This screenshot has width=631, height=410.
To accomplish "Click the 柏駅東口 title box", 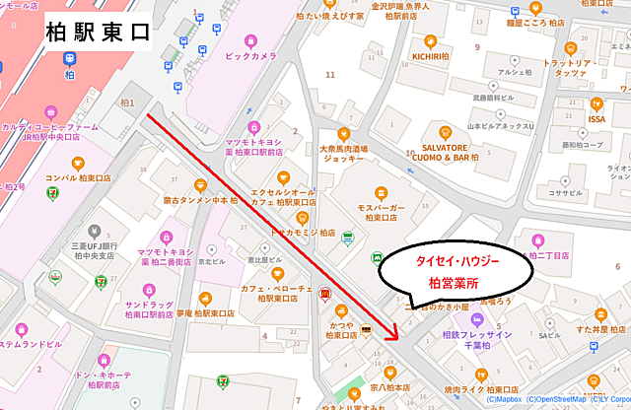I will tap(98, 32).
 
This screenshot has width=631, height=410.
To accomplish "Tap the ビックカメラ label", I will tap(250, 56).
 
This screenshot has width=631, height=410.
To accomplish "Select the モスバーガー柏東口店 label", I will tap(379, 213).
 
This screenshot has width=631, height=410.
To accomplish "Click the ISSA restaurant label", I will tap(596, 118).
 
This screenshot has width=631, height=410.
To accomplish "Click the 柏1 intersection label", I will tap(126, 102).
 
